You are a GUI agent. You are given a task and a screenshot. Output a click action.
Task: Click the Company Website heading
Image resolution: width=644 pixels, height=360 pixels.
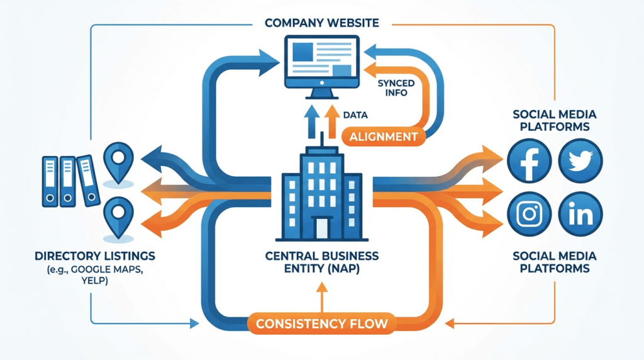click(322, 23)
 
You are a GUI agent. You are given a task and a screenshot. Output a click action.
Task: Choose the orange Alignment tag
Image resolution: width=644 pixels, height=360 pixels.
click(383, 136)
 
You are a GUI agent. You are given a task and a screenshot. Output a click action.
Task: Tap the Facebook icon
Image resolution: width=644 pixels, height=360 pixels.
click(530, 159)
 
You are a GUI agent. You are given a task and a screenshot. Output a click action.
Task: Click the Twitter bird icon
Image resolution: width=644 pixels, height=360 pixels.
click(579, 159)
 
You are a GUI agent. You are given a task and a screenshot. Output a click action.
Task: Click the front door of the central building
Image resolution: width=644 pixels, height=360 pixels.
click(321, 227)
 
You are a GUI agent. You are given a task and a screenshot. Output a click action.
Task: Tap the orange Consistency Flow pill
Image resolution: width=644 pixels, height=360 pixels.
click(321, 325)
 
